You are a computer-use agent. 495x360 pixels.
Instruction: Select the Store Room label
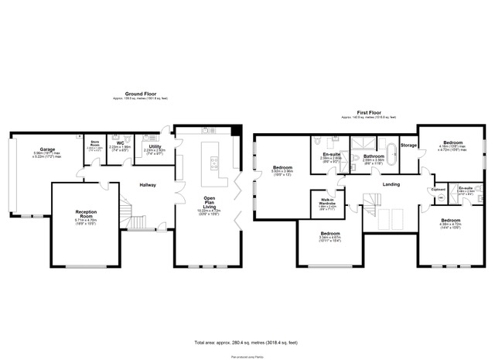tap(96, 142)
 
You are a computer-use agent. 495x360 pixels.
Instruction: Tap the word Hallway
tap(148, 185)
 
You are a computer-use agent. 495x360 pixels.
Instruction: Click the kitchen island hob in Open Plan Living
tap(213, 163)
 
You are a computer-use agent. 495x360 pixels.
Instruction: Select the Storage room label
tap(408, 146)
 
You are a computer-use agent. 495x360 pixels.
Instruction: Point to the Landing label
tap(391, 185)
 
